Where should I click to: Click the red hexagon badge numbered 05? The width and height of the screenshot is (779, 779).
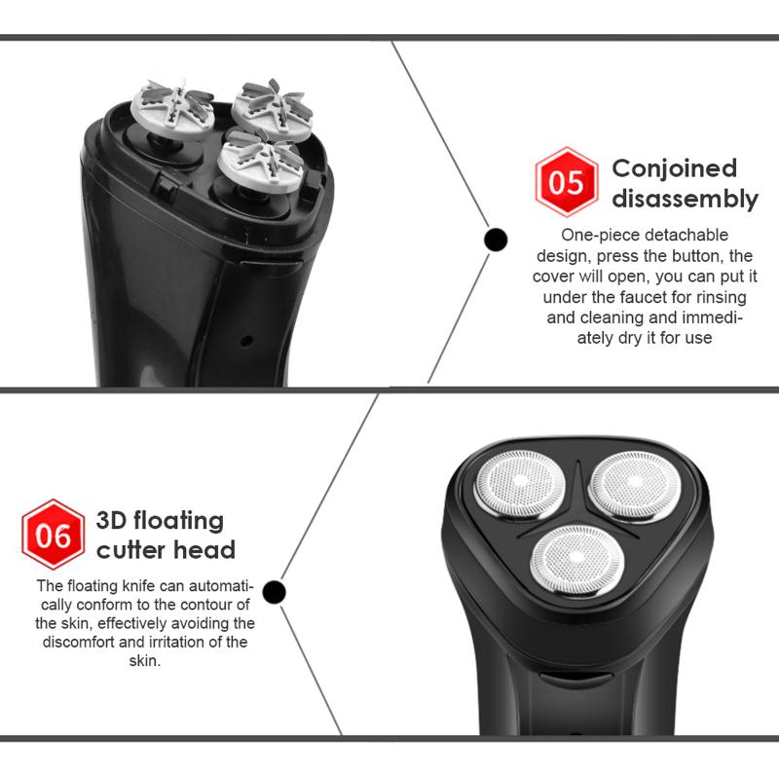(566, 182)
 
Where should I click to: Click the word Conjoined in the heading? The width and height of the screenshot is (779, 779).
(674, 168)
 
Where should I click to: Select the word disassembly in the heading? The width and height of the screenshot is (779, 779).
(685, 200)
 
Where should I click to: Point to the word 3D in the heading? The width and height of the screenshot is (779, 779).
(113, 520)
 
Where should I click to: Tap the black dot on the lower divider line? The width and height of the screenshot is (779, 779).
(275, 590)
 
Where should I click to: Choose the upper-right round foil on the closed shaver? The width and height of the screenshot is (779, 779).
(634, 481)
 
